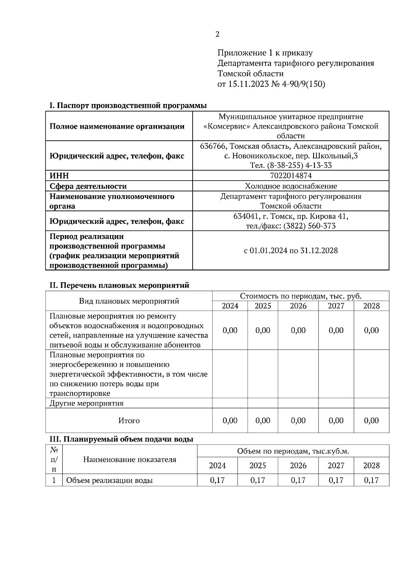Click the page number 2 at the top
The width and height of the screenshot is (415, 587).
click(217, 34)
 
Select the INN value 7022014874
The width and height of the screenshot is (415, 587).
click(290, 176)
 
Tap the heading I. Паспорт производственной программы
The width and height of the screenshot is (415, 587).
click(128, 105)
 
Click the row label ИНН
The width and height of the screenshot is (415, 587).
click(59, 176)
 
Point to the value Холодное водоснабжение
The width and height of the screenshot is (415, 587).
click(290, 186)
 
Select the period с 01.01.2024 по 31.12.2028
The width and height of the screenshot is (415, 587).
click(290, 251)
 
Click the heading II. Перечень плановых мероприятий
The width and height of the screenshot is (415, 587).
click(120, 286)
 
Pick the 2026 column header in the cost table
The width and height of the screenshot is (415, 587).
click(298, 306)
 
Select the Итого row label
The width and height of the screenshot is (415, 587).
click(129, 421)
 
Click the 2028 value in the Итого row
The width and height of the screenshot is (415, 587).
click(371, 421)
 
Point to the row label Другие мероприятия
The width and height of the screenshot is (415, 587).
click(86, 403)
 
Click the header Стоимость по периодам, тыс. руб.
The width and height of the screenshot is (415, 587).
click(301, 296)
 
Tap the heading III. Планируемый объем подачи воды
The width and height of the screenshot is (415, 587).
click(121, 439)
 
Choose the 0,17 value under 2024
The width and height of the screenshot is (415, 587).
click(217, 481)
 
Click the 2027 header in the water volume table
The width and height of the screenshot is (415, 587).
click(336, 466)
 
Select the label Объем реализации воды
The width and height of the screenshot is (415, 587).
click(109, 481)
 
